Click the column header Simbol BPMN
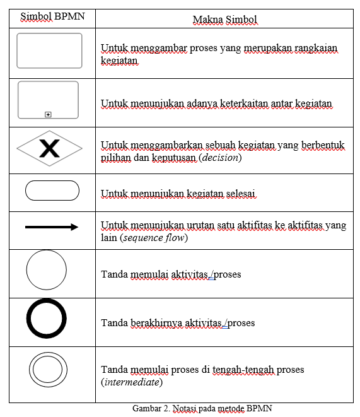tap(49, 16)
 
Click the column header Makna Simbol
tap(225, 20)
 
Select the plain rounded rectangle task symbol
tap(49, 50)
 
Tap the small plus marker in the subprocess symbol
tap(49, 114)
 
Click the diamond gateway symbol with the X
tap(49, 149)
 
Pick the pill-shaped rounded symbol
tap(52, 190)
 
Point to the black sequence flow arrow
tap(52, 227)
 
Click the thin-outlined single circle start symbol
tap(47, 270)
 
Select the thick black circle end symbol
tap(47, 319)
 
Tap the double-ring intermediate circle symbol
tap(48, 369)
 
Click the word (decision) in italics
tap(221, 158)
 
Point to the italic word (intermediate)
tap(132, 382)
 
